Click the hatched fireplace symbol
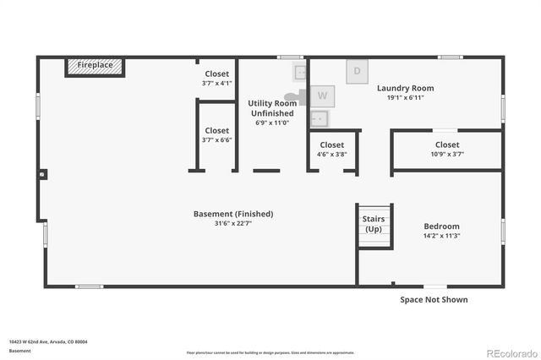95,66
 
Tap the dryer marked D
357,71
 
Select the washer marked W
323,95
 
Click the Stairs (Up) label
373,224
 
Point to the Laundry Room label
405,88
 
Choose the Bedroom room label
441,226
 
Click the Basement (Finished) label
233,214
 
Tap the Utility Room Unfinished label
271,108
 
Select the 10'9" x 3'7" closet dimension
447,154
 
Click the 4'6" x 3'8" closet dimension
331,154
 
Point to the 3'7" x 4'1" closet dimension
216,84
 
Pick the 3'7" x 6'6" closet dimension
216,140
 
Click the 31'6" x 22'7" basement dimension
233,224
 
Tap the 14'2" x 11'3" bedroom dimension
441,237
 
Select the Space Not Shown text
434,299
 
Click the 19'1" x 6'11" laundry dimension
405,98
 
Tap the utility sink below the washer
320,117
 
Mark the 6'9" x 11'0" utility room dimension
271,123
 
